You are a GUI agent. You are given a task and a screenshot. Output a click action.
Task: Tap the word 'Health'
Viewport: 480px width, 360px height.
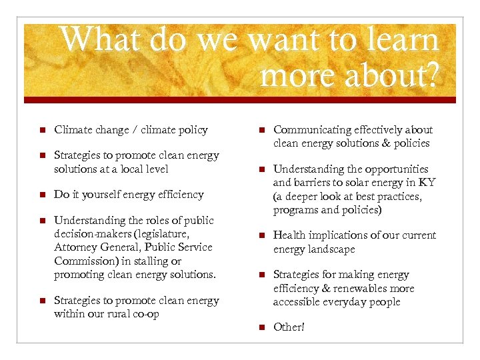pos(289,235)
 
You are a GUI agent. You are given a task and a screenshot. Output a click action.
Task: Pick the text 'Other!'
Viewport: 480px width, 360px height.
pos(289,327)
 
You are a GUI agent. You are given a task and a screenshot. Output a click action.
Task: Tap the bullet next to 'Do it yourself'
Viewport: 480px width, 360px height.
pos(41,195)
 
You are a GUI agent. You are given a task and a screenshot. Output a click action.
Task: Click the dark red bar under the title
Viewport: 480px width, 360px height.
pos(240,99)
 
